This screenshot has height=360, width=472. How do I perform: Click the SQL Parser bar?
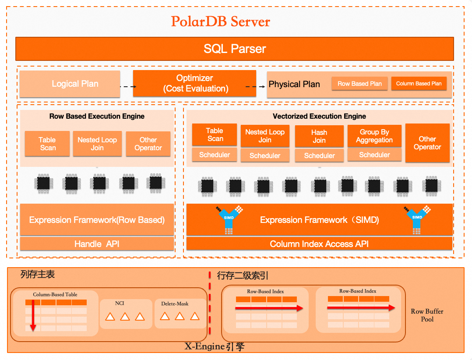coord(235,49)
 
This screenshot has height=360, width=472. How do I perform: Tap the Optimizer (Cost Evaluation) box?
coord(194,83)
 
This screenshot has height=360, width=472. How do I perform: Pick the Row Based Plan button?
coord(359,84)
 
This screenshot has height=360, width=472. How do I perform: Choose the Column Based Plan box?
coord(419,84)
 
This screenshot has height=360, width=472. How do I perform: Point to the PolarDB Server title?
coord(220,21)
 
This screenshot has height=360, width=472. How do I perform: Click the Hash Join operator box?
coord(319,136)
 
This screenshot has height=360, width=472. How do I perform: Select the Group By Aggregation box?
coord(374,136)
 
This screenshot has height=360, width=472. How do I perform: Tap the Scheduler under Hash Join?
coord(319,155)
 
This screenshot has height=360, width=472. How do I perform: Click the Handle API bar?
coord(97,244)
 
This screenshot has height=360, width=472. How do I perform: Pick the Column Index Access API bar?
coord(319,244)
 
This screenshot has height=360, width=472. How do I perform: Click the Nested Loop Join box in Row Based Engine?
coord(97,144)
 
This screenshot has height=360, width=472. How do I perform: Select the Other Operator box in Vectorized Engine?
coord(427,143)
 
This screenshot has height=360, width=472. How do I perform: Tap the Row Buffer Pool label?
coord(427,315)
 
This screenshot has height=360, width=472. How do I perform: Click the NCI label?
coord(120,303)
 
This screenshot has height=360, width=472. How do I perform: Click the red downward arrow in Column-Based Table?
coord(33,315)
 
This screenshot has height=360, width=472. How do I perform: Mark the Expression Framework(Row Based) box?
coord(97,220)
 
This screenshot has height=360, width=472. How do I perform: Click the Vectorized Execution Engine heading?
coord(319,116)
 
